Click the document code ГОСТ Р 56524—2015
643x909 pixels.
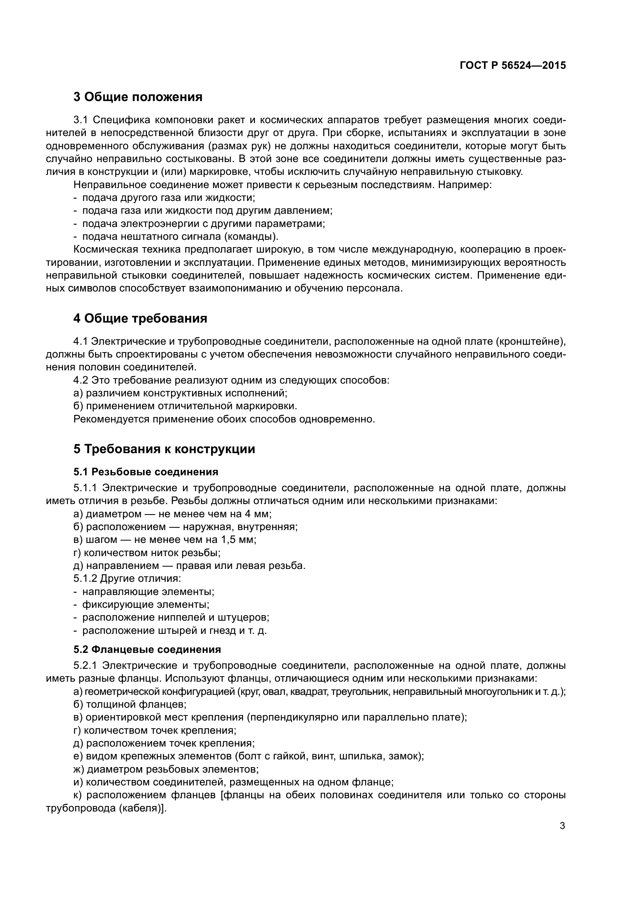point(513,66)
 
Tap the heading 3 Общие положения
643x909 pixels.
point(138,97)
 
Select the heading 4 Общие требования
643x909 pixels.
point(140,319)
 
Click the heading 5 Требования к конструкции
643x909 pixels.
point(164,449)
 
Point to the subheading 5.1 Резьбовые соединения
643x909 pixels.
point(146,472)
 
